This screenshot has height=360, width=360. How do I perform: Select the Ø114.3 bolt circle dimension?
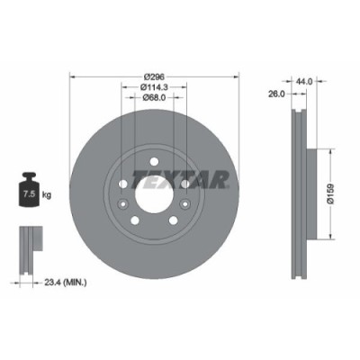[153, 88]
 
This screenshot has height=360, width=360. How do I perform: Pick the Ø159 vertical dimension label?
[331, 192]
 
